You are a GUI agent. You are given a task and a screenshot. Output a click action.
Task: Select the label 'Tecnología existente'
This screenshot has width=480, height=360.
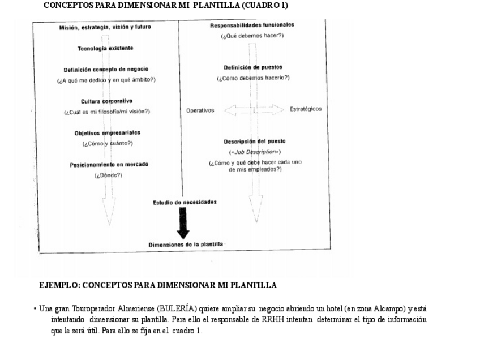pos(105,49)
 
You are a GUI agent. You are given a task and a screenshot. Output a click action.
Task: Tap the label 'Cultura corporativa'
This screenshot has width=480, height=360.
pos(106,101)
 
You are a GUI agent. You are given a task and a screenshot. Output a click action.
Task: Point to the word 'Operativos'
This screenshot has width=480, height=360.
pos(200,110)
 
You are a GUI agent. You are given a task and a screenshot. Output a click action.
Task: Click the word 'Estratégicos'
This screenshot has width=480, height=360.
pos(305,109)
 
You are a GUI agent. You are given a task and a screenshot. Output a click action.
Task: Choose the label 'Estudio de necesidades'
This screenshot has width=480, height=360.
pos(185,202)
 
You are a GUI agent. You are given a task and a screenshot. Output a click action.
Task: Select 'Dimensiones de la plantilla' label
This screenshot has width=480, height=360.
pos(186,245)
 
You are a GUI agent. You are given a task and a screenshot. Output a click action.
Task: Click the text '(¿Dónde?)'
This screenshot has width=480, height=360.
pos(108,175)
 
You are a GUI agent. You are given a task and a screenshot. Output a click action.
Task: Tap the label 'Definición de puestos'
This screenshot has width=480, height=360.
pos(253,67)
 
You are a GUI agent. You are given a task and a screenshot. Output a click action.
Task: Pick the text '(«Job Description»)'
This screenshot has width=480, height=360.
pos(255,152)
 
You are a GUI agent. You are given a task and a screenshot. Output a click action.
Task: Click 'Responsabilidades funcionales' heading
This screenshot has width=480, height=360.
pos(252,25)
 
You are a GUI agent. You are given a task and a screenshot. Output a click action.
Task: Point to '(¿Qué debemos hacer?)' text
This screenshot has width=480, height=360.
pos(252,36)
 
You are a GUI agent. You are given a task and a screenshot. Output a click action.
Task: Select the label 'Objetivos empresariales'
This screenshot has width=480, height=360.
pos(108,133)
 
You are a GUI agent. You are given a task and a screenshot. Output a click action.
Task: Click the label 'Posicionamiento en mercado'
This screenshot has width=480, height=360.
pos(109,165)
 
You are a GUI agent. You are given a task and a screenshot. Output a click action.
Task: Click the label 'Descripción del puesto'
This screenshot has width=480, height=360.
pos(255,142)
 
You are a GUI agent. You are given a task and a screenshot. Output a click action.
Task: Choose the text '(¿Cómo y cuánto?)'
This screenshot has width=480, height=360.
pos(108,144)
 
